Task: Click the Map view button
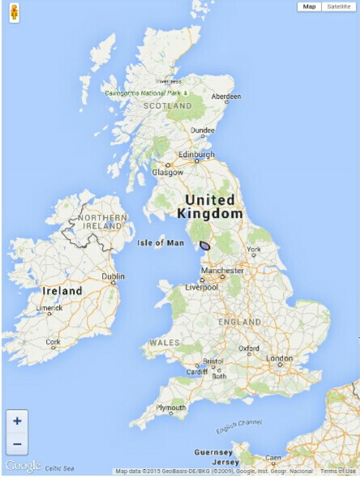(310, 6)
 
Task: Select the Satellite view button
(339, 6)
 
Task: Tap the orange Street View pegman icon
(14, 14)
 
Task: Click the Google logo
(23, 465)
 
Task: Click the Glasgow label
(168, 172)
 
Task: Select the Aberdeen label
(226, 96)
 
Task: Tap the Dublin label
(113, 276)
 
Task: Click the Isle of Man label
(161, 242)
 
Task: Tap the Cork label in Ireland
(54, 342)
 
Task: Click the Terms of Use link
(337, 472)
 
